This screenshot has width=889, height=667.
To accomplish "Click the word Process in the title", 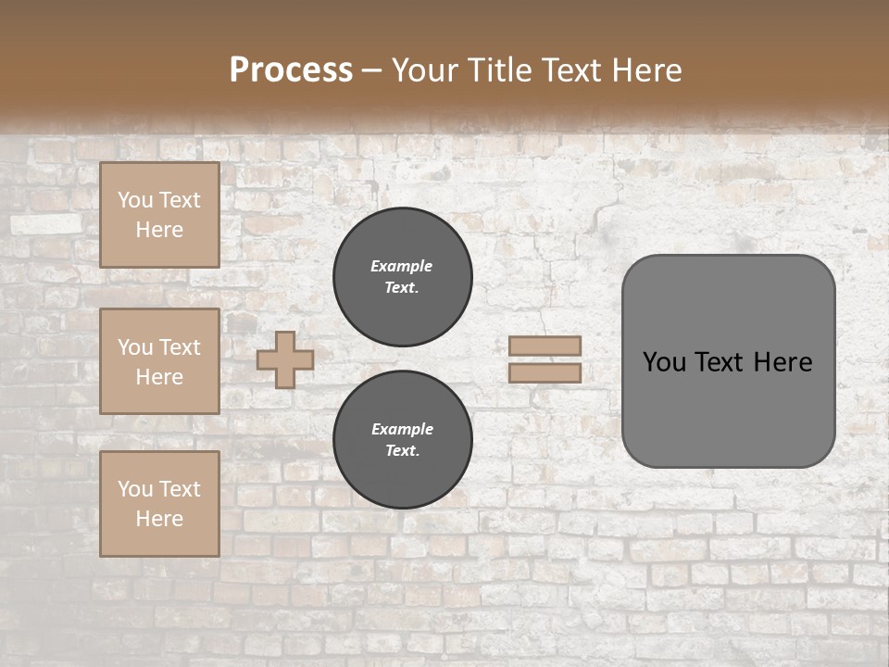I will point(291,70).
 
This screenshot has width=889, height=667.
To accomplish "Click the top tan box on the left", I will point(159,215).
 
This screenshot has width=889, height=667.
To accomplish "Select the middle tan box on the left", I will point(159,361).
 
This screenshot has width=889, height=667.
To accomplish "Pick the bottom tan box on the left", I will point(159,503).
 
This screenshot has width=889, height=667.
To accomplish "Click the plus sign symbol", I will point(285,359).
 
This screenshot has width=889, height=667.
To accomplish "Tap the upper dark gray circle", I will point(402,277).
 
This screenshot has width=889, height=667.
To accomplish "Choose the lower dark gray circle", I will point(402,440).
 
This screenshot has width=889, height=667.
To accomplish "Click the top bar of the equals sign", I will point(545,346).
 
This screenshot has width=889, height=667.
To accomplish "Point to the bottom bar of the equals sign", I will point(545,373).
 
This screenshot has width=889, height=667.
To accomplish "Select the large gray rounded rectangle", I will point(728,408).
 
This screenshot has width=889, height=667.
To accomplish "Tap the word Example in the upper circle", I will point(402,266).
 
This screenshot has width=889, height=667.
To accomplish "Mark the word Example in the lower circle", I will point(402,429).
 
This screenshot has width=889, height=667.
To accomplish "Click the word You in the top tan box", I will point(135,200).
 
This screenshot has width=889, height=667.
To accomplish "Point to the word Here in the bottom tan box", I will point(159,519).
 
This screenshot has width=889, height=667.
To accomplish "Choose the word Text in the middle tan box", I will point(179,347).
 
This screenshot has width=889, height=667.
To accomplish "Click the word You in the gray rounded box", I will point(664,362).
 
